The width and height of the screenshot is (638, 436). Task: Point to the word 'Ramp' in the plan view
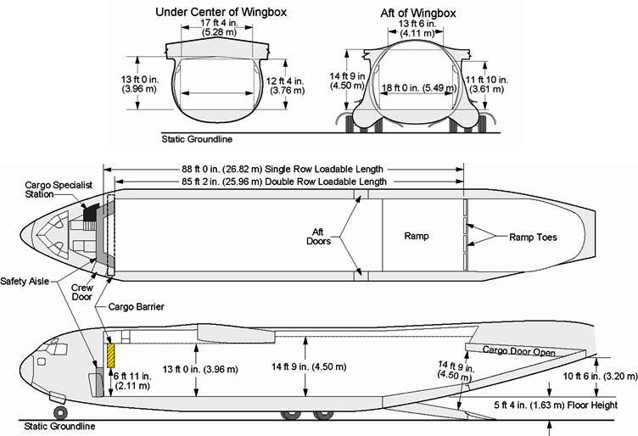click(417, 237)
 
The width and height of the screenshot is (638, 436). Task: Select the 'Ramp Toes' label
click(534, 237)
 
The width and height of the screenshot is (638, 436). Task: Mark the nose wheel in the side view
click(60, 413)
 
